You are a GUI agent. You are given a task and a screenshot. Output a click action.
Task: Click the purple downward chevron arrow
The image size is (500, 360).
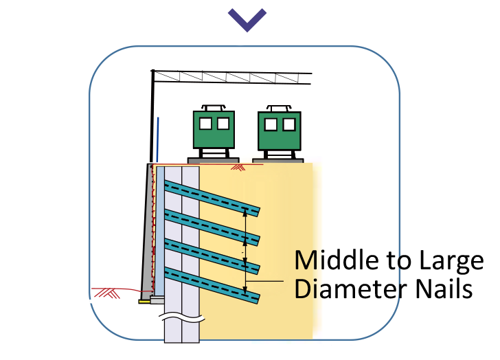248,20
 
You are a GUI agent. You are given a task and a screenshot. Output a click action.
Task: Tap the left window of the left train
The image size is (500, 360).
205,124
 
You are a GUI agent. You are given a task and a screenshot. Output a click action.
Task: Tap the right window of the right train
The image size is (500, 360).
288,124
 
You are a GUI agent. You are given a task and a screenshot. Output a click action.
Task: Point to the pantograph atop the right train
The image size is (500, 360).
280,107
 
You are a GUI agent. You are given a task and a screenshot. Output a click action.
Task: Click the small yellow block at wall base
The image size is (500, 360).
144,300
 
